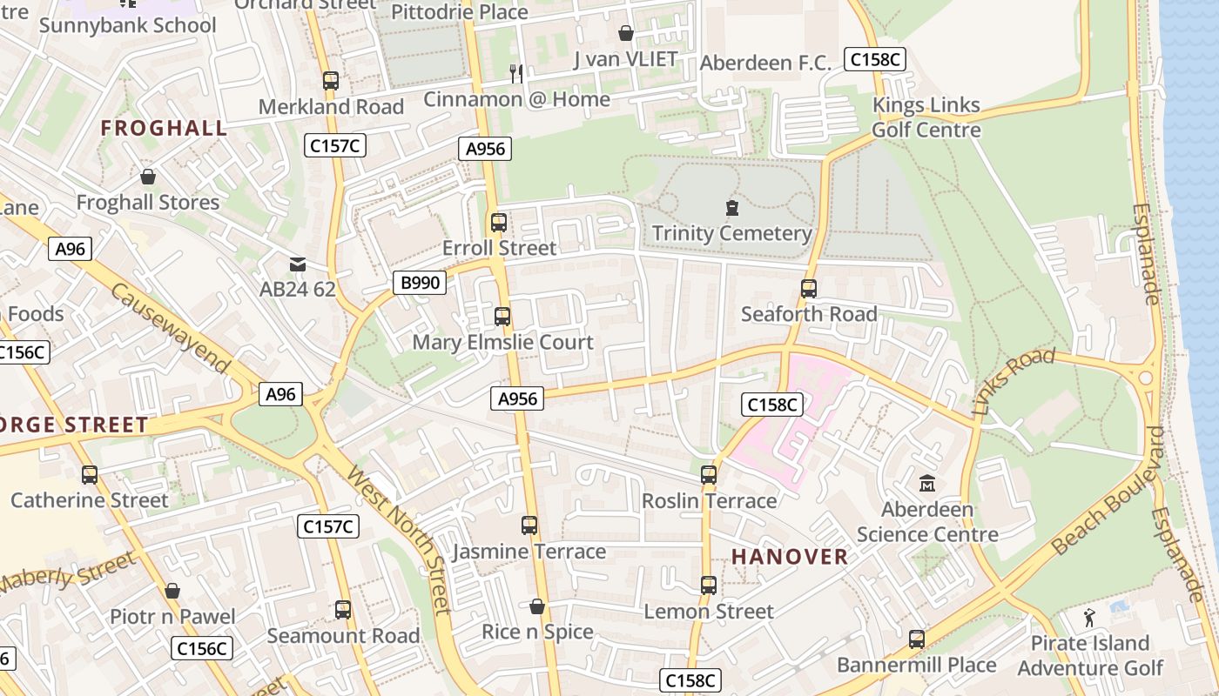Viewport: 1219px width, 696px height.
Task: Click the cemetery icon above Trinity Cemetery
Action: tap(731, 208)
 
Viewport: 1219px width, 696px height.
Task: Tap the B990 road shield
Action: tap(419, 283)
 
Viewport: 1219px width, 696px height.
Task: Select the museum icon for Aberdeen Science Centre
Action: tap(926, 483)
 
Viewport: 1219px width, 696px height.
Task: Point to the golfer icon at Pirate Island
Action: tap(1089, 618)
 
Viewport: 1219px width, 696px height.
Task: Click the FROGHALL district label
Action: tap(164, 129)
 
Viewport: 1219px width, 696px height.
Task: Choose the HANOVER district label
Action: tap(789, 557)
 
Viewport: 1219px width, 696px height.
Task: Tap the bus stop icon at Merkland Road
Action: tap(331, 81)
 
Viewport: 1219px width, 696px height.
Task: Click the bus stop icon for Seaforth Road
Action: tap(809, 289)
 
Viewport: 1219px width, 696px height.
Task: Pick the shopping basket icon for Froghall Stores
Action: tap(148, 177)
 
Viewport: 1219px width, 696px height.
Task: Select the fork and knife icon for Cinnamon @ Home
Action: tap(516, 74)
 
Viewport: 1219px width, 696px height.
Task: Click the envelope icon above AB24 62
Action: tap(298, 264)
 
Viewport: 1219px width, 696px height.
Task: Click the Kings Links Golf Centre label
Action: tap(926, 117)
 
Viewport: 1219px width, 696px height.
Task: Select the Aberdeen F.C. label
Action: tap(766, 64)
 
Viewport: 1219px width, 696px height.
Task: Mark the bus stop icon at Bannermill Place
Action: tap(916, 639)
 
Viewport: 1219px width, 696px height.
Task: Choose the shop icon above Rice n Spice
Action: tap(537, 606)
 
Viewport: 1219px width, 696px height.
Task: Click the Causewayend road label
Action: tap(171, 328)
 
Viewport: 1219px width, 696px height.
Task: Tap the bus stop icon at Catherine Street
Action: tap(90, 475)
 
